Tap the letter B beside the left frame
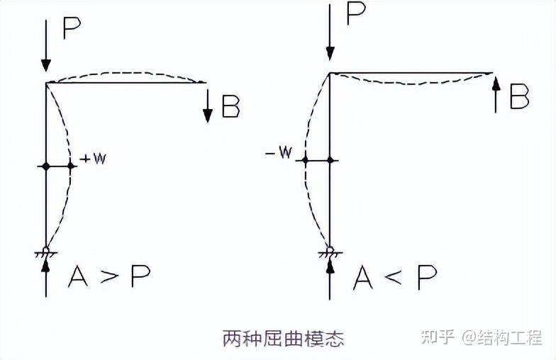230,108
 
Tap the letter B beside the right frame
520,98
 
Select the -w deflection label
282,154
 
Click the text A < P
395,278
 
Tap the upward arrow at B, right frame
496,95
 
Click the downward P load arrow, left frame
46,46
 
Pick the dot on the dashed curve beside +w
72,166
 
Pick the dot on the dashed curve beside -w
305,161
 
